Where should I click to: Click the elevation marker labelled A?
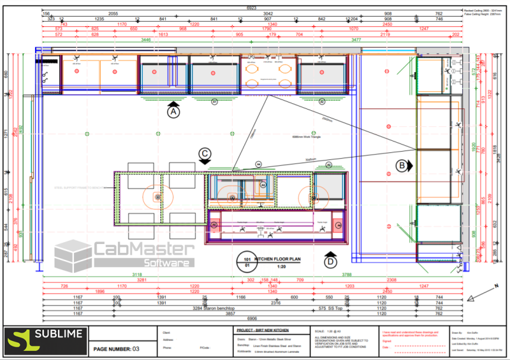pos(172,112)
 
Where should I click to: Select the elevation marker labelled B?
pos(402,166)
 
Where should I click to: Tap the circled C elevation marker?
pos(205,153)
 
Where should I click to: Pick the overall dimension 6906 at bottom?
pos(255,318)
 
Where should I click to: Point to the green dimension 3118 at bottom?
pos(136,275)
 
